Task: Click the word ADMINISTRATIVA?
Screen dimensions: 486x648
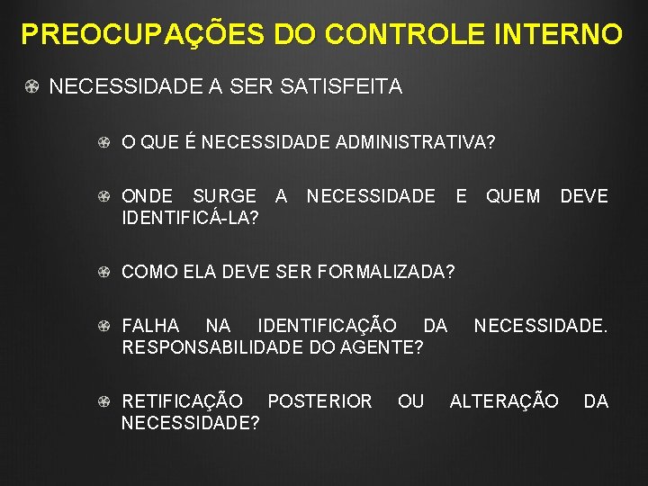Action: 419,142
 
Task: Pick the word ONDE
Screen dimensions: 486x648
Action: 148,196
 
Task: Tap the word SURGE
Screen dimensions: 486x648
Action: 225,196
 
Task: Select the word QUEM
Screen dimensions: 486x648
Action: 513,196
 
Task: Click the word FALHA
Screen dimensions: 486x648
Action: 150,325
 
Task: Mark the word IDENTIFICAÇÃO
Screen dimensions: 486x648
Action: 327,325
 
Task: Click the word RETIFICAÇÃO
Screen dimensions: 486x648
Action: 182,400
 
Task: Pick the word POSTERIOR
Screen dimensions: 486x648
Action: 319,400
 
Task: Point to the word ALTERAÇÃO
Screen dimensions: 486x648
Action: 504,400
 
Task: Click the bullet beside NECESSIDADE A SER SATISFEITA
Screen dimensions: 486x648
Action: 31,88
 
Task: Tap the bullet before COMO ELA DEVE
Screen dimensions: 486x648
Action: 104,272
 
